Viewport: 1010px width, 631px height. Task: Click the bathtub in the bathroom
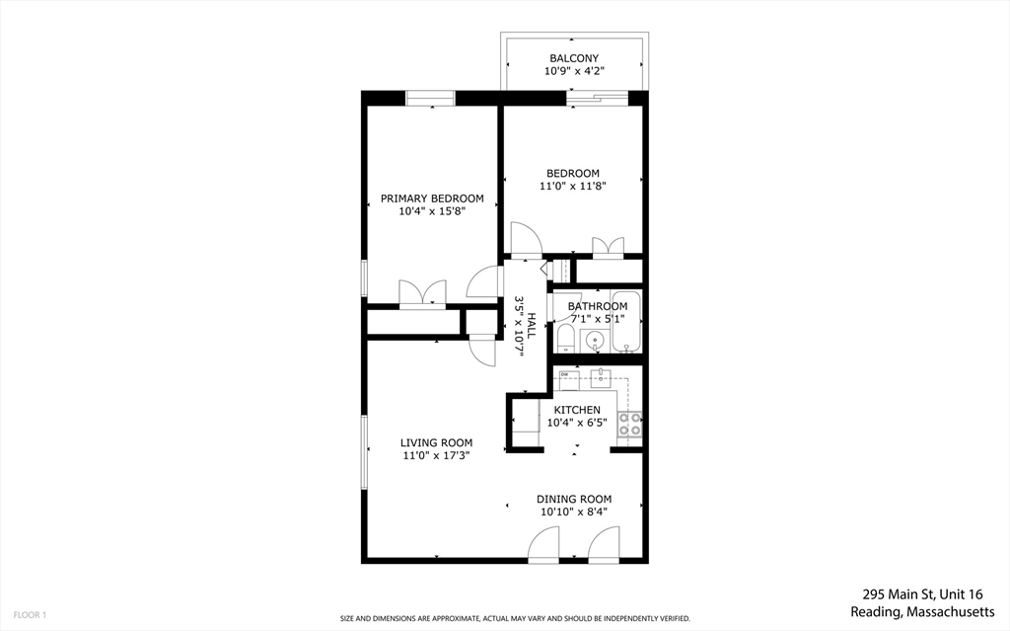(x=625, y=322)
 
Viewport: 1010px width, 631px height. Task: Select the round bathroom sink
(x=595, y=341)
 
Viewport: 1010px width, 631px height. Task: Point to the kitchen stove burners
(x=628, y=424)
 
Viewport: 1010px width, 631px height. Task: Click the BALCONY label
(x=574, y=58)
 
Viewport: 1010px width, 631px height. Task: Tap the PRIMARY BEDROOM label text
(x=432, y=198)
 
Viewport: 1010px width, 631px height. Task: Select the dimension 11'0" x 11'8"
(x=572, y=186)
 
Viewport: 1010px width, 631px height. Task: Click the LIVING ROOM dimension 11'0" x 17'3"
(x=436, y=456)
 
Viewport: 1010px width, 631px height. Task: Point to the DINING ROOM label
(x=574, y=499)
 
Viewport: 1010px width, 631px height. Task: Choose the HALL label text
(x=531, y=328)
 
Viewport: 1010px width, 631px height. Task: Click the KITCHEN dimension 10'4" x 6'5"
(x=577, y=423)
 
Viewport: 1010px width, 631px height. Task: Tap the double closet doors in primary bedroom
(x=422, y=293)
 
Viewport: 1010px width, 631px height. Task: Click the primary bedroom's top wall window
(x=431, y=97)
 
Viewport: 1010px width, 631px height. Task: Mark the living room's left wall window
(x=364, y=451)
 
